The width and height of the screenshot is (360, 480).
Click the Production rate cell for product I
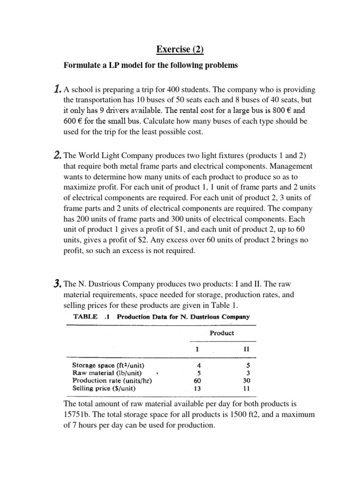click(197, 381)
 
